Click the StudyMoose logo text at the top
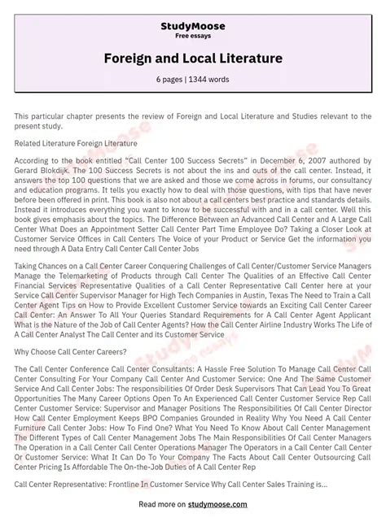[x=193, y=27]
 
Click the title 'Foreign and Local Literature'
[x=193, y=59]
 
